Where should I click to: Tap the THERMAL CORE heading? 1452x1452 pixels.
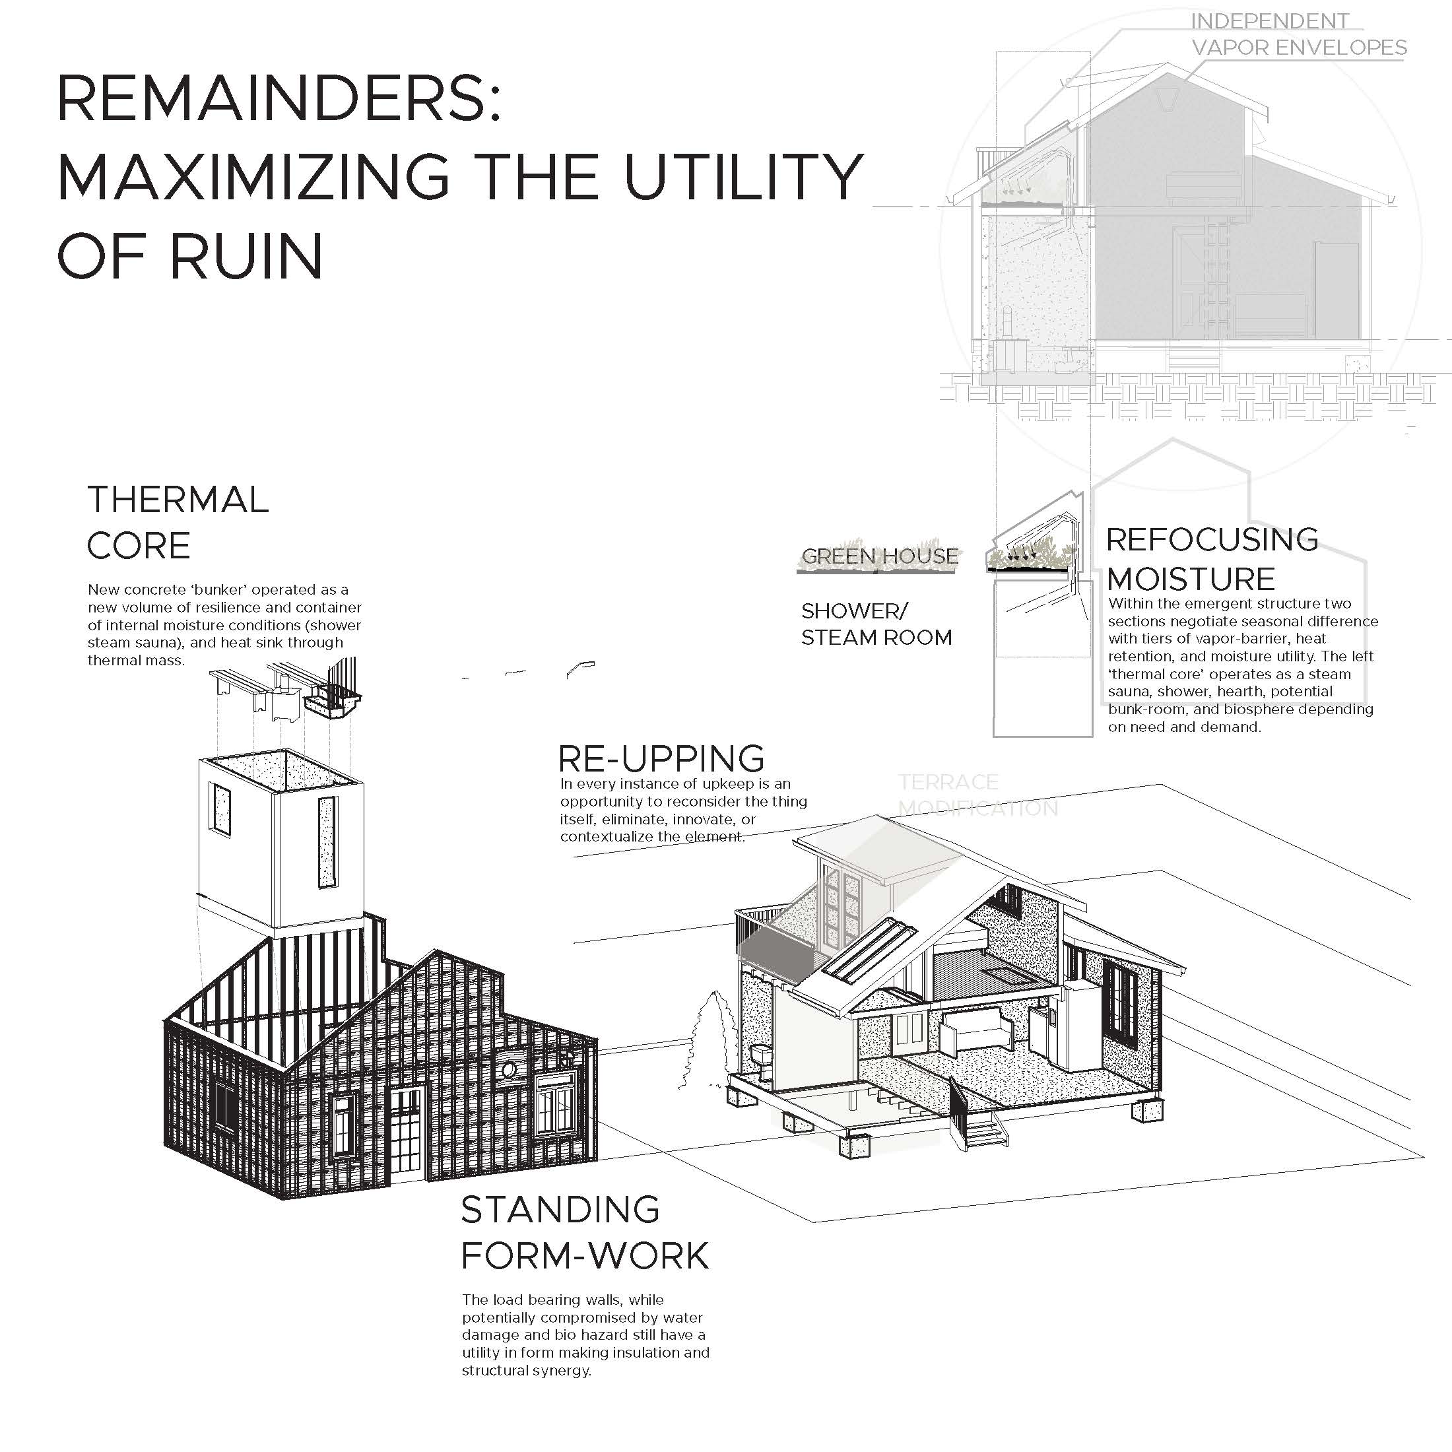coord(178,522)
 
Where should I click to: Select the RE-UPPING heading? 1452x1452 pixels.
coord(661,759)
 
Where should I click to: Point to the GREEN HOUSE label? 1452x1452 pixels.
coord(879,557)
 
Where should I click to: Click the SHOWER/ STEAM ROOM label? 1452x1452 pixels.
coord(876,624)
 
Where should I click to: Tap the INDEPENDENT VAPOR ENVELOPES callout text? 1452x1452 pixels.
coord(1298,34)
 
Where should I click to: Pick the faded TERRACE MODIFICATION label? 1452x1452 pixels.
coord(977,795)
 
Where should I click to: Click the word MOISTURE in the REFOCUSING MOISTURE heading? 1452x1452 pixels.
coord(1191,579)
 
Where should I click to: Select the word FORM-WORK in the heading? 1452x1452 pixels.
coord(585,1256)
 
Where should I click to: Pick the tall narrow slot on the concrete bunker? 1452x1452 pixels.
coord(327,841)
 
